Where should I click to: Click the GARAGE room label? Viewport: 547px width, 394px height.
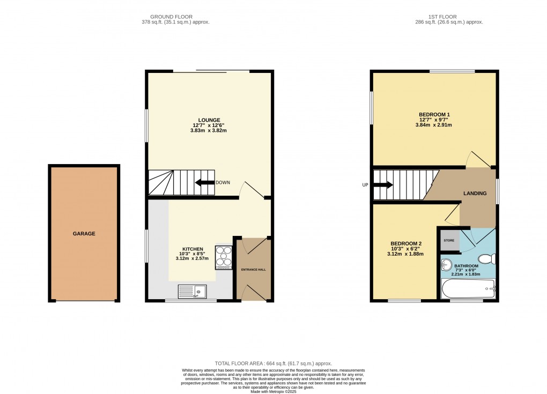(x=84, y=234)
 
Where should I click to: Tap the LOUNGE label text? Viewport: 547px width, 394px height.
(x=209, y=120)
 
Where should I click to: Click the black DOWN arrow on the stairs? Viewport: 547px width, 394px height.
(x=204, y=183)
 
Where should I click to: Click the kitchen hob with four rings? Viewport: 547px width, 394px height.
(x=223, y=258)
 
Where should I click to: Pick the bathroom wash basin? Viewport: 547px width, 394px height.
(x=447, y=264)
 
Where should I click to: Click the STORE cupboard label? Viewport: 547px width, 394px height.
(x=449, y=241)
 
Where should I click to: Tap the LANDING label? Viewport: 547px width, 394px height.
(x=475, y=194)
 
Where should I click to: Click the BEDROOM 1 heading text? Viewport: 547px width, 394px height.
(x=434, y=115)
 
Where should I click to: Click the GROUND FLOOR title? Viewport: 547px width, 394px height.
(x=172, y=17)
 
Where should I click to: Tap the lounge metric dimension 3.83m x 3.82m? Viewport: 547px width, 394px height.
(x=209, y=130)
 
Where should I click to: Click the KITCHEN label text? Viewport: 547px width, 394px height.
(x=193, y=249)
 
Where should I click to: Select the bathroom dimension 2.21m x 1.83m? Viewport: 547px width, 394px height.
(x=465, y=274)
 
